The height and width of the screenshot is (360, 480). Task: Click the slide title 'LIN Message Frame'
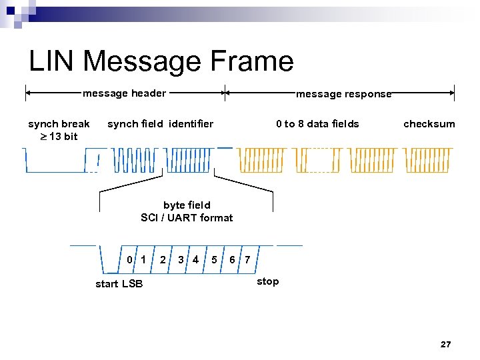(x=161, y=61)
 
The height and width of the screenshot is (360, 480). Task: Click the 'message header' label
(x=124, y=93)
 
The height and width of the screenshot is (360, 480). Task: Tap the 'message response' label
(x=343, y=94)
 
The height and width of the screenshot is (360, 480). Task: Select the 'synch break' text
(x=59, y=123)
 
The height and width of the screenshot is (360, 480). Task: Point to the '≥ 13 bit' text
(x=59, y=136)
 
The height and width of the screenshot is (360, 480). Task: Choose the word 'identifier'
(x=191, y=123)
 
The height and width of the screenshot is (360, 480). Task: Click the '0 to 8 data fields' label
(x=317, y=123)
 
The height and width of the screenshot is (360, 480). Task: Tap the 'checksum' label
(x=429, y=123)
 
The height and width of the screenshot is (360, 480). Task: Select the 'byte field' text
(x=187, y=205)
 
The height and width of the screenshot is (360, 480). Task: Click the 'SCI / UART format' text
(x=187, y=217)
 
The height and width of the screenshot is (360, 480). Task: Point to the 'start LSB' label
(x=119, y=284)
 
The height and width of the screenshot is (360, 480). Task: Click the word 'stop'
(x=267, y=281)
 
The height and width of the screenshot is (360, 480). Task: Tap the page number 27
(x=445, y=344)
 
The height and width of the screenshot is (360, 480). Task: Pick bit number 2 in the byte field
(x=163, y=259)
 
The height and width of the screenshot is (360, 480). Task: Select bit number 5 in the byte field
(x=213, y=259)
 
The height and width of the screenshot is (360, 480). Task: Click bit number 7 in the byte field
(x=247, y=259)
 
